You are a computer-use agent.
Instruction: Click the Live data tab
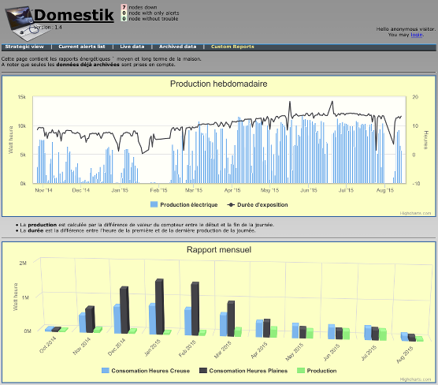click(132, 47)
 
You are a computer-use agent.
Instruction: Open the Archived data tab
click(177, 47)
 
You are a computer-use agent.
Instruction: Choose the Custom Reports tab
click(232, 47)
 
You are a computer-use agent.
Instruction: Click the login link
click(417, 35)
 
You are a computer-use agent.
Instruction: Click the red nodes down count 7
click(124, 7)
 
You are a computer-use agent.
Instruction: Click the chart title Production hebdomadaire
click(218, 84)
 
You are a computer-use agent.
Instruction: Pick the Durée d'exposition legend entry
click(258, 204)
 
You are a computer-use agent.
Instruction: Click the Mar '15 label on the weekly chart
click(194, 190)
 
